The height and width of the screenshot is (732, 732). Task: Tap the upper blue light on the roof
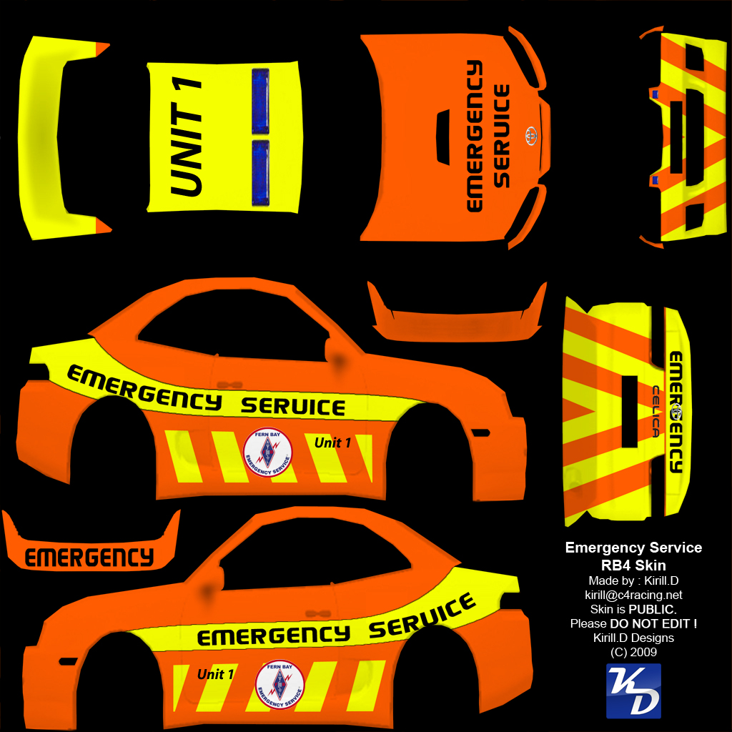tap(261, 102)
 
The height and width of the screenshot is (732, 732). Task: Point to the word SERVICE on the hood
tap(503, 136)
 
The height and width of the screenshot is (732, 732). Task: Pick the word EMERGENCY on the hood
tap(474, 136)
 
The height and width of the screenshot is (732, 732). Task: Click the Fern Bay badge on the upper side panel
tap(267, 452)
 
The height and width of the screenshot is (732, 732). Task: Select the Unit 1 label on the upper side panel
tap(332, 443)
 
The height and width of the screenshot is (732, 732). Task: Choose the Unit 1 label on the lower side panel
tap(216, 674)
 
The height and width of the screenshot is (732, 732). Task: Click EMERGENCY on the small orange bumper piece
tap(89, 557)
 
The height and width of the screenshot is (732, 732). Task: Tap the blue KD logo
tap(633, 691)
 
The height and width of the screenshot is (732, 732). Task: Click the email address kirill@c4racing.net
tap(633, 595)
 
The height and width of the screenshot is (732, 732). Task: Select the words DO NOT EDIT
tap(653, 623)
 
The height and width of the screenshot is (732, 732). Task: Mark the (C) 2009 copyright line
tap(633, 652)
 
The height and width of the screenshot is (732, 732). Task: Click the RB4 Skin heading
tap(633, 565)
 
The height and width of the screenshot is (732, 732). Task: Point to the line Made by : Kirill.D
tap(633, 580)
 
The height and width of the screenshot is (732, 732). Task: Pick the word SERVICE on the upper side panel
tap(293, 407)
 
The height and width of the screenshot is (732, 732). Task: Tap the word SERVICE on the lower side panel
tap(422, 619)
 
